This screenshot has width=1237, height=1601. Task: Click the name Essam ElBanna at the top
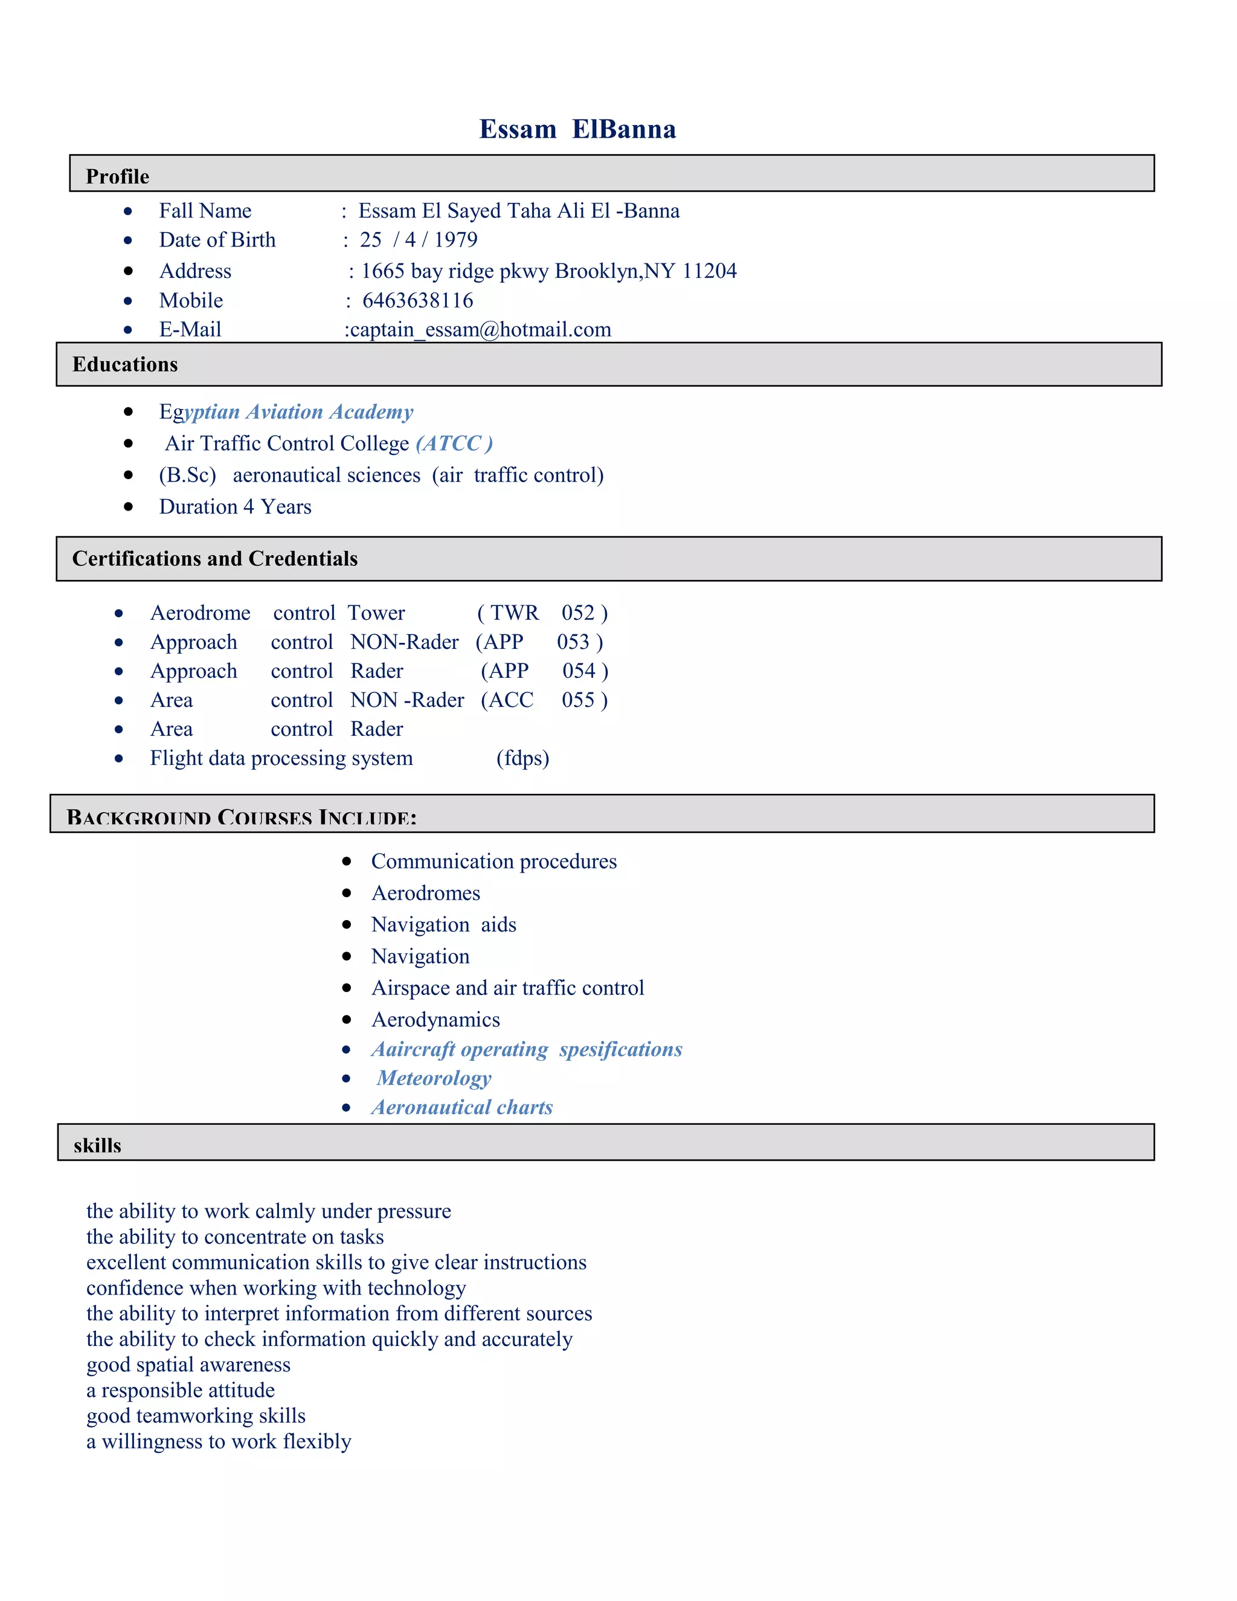577,129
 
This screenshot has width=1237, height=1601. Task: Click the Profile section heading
117,176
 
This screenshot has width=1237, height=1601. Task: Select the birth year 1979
456,240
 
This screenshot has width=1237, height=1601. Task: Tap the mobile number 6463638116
418,300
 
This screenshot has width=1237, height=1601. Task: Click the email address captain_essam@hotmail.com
480,330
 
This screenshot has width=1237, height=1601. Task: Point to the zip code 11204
709,271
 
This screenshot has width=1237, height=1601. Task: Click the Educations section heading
125,364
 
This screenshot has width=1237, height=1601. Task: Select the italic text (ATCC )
454,443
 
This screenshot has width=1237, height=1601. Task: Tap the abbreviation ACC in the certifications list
511,700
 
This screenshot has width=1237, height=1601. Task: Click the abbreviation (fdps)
522,758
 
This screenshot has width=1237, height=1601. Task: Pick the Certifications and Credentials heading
214,559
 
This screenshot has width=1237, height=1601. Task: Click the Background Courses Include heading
241,817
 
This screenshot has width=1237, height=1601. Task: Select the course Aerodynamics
435,1020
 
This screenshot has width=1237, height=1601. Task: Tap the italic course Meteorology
434,1078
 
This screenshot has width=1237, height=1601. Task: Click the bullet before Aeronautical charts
347,1107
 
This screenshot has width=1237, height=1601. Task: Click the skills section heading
97,1145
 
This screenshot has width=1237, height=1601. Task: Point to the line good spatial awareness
188,1365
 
